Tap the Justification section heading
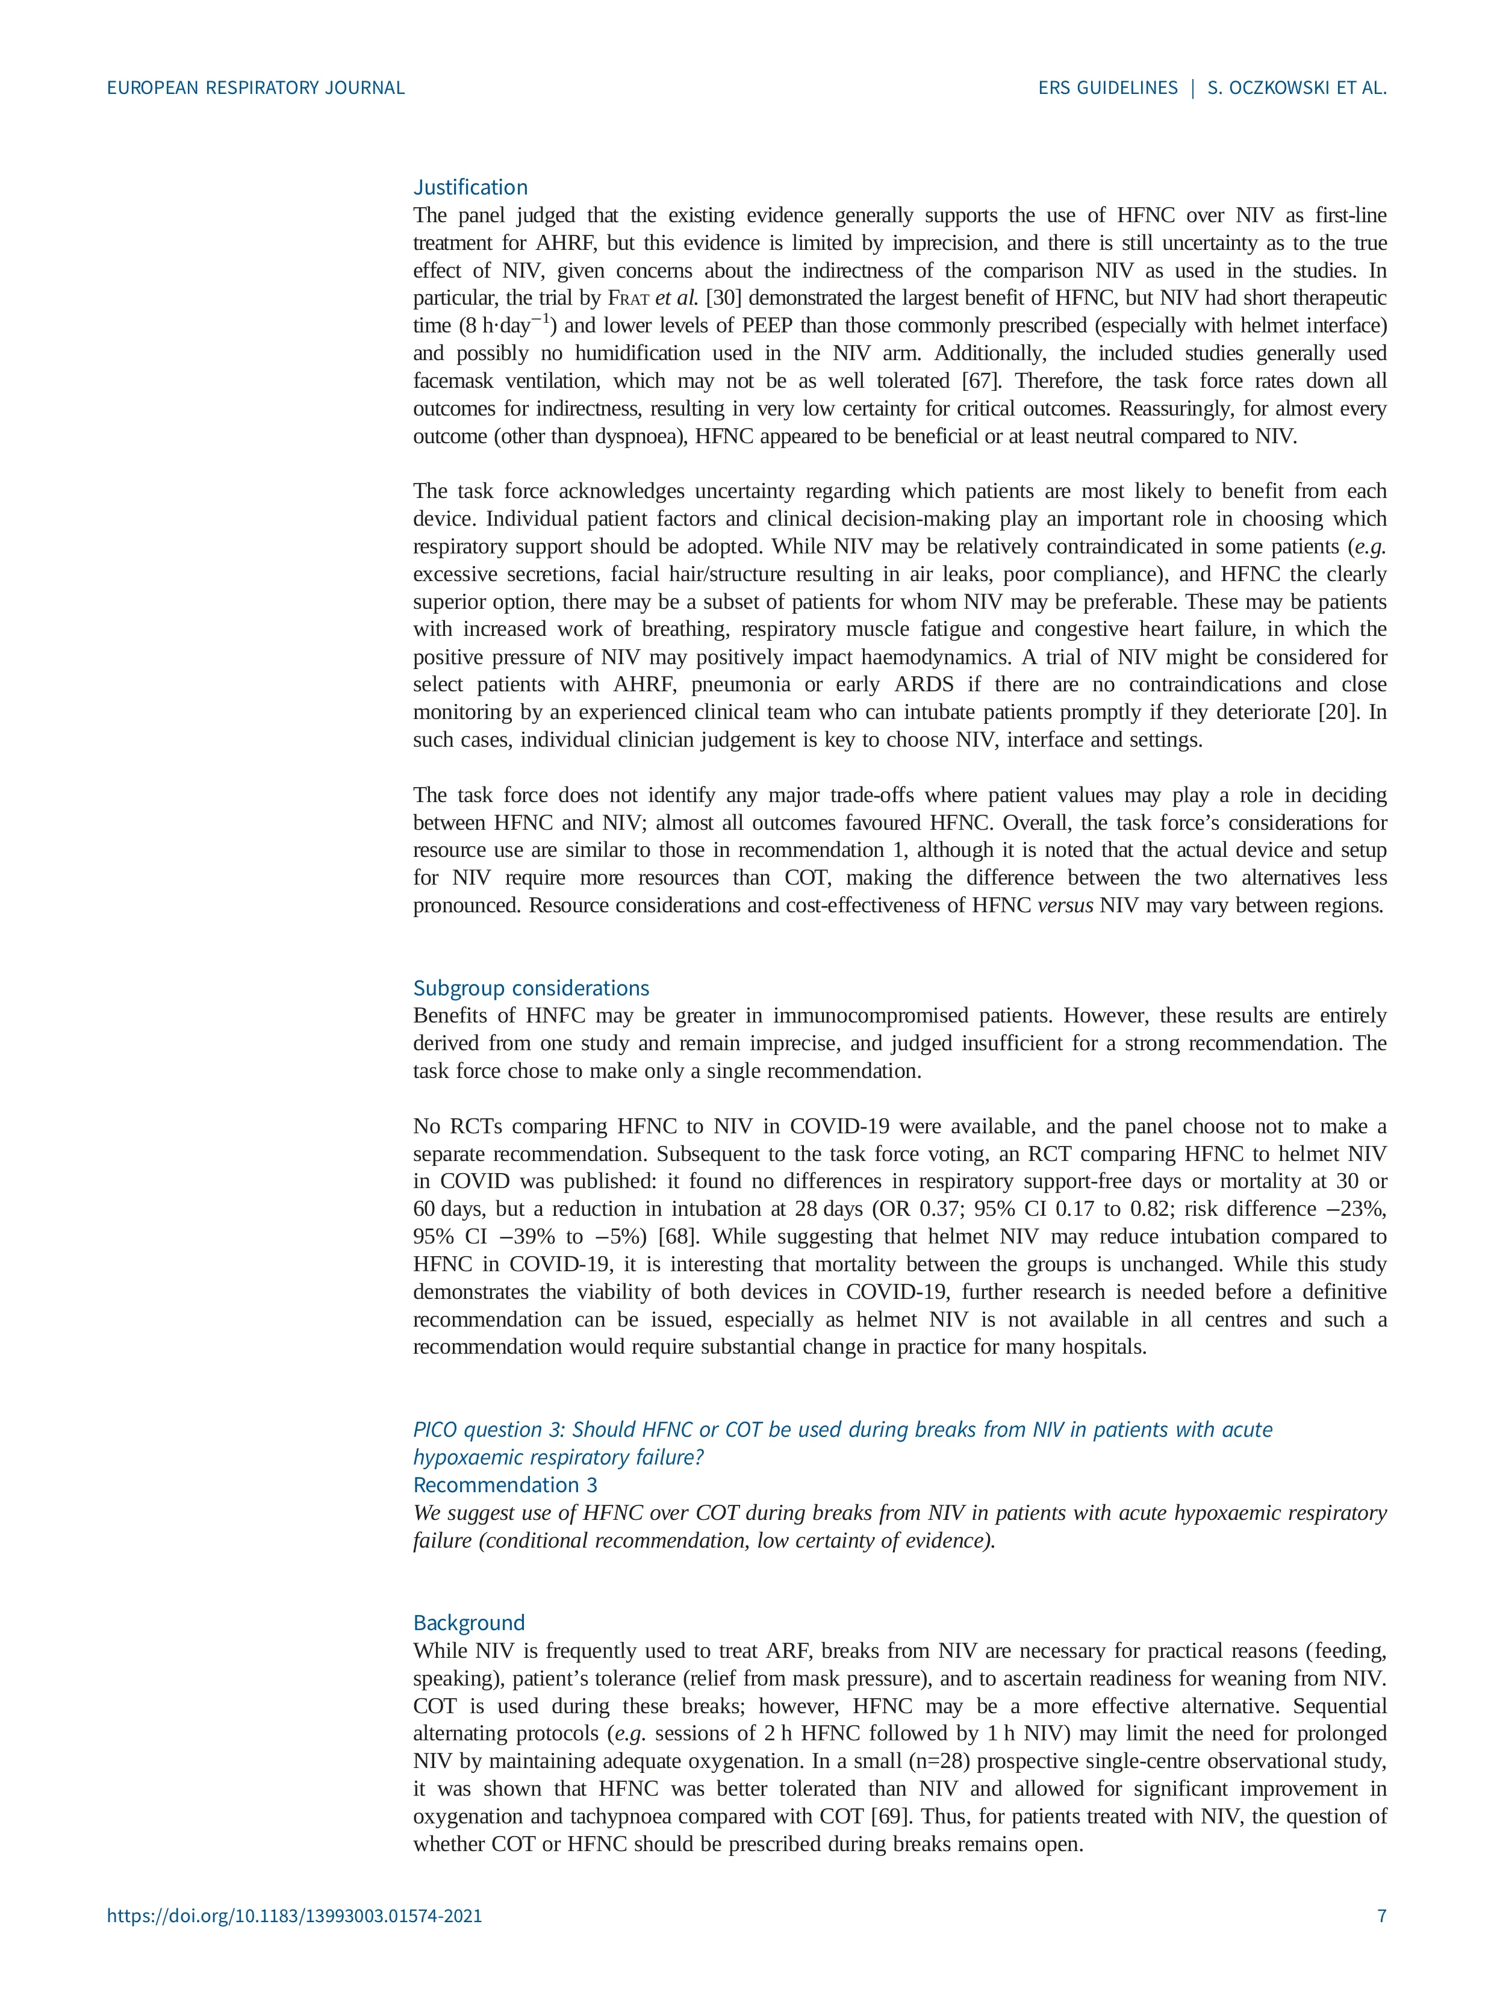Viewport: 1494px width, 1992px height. pos(470,187)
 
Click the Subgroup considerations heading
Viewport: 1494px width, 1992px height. pos(531,988)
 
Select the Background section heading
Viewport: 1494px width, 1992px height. pos(468,1623)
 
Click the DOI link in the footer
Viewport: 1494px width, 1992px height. pos(294,1916)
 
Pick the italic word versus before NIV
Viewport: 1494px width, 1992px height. pos(1065,905)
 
